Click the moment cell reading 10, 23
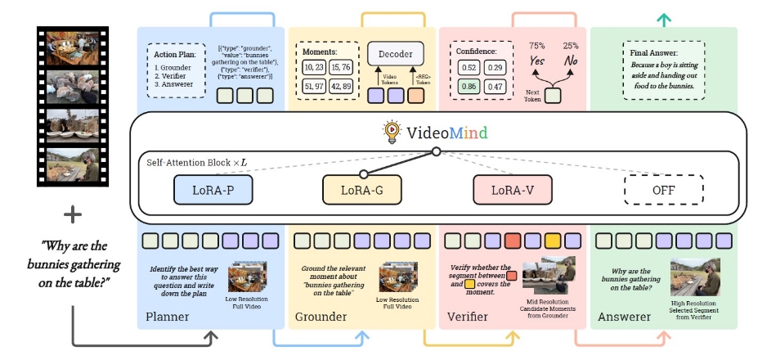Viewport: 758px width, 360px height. click(x=313, y=66)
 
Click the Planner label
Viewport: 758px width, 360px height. click(x=167, y=317)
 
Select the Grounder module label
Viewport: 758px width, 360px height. click(x=322, y=317)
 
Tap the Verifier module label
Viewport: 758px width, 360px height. click(x=470, y=317)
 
